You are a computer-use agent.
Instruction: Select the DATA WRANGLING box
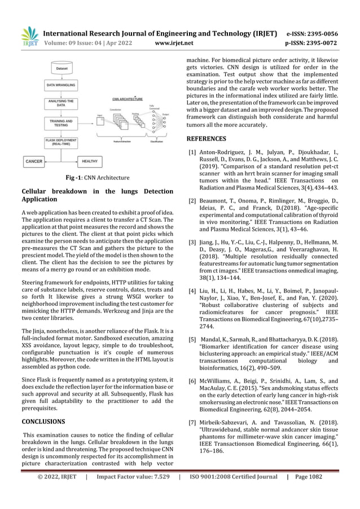point(62,86)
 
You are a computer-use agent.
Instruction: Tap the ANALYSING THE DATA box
point(62,103)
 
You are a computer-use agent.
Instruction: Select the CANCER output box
point(34,161)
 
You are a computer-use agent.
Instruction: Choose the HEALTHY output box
point(90,161)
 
